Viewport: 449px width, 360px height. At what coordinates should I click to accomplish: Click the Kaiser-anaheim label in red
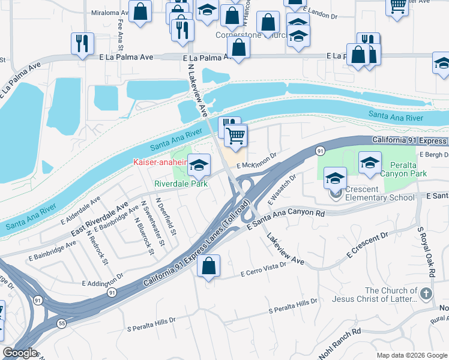159,163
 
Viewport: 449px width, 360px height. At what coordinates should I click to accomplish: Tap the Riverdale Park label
181,184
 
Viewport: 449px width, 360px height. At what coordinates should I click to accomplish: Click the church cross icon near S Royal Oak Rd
426,293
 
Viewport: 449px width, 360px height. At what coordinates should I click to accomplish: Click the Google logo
20,353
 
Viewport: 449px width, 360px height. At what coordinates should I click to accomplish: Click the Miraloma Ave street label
110,12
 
